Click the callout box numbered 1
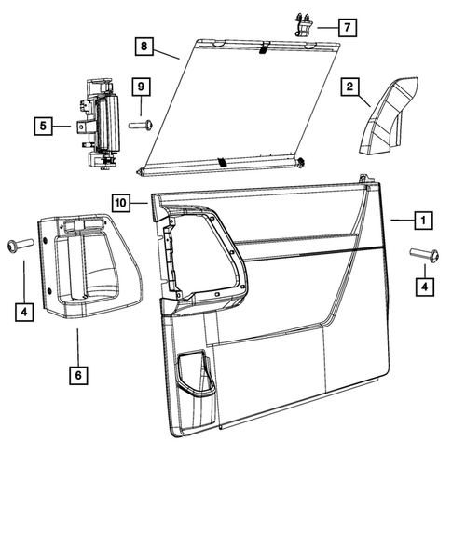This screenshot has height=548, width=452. [422, 221]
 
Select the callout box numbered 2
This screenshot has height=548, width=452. [350, 87]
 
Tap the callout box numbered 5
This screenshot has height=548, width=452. [42, 124]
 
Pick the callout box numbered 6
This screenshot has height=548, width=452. [77, 374]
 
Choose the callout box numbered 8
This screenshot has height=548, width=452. [144, 46]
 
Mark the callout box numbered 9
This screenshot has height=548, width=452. [140, 87]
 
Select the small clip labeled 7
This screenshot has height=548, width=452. [304, 24]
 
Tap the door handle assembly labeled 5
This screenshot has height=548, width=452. [98, 124]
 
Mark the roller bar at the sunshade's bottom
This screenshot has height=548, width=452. [224, 165]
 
